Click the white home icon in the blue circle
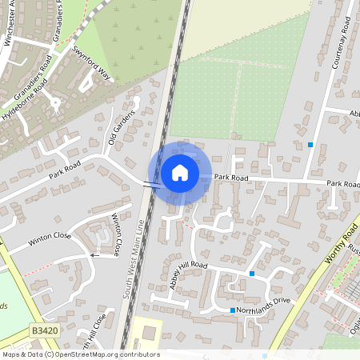(180, 173)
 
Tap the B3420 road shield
(46, 330)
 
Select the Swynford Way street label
(93, 62)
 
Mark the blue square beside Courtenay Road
(310, 145)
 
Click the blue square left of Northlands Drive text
(233, 310)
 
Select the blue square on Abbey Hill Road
(252, 274)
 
